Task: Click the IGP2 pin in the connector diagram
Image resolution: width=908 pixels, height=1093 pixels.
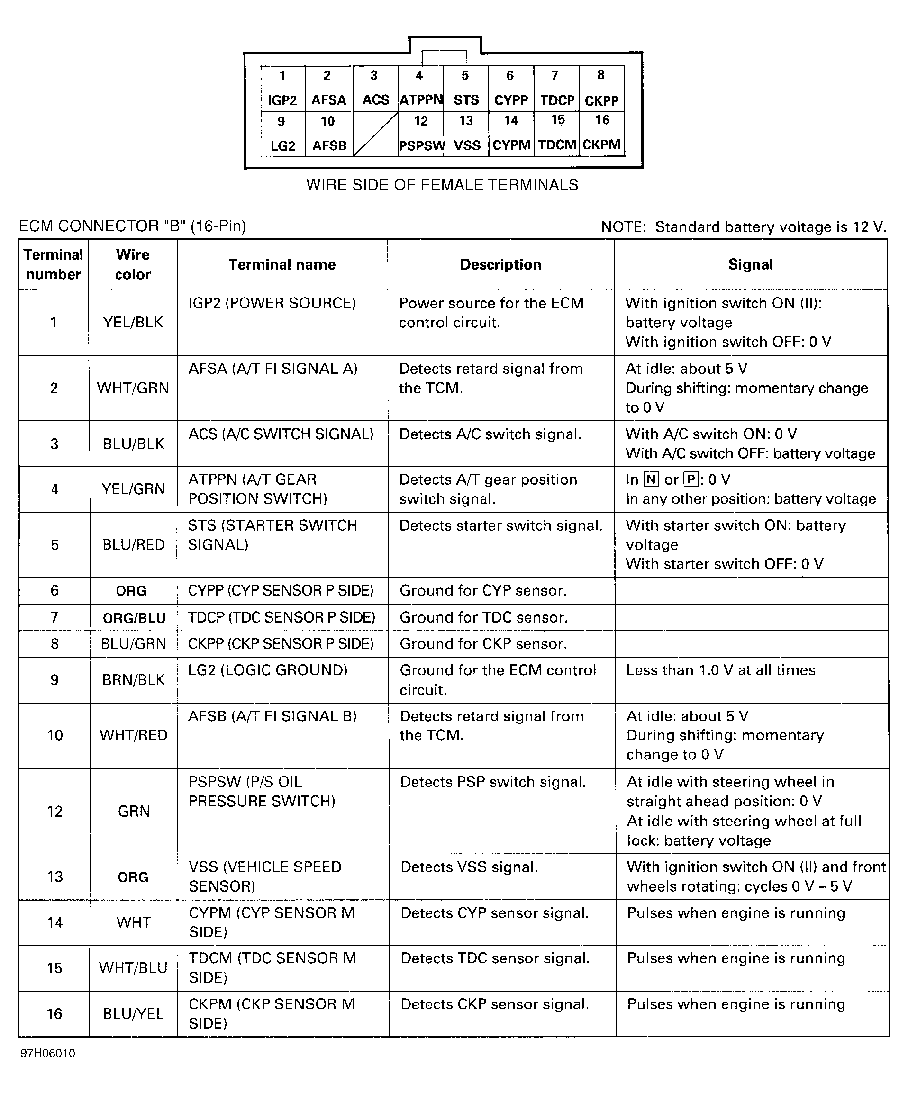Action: (x=282, y=89)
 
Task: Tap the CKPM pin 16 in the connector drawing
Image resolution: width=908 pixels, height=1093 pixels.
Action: (x=601, y=134)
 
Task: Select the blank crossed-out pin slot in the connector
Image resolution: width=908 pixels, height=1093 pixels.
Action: (x=375, y=134)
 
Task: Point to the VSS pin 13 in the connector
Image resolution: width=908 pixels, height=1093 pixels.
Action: (x=466, y=134)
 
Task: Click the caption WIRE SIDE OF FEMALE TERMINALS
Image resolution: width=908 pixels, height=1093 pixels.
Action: (x=442, y=185)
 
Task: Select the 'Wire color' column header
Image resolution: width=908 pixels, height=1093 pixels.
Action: (x=133, y=264)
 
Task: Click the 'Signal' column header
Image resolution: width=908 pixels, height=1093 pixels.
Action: (x=750, y=264)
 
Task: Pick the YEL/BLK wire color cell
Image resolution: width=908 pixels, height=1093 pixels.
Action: (x=133, y=323)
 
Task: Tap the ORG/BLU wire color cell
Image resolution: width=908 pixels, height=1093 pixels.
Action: (x=134, y=618)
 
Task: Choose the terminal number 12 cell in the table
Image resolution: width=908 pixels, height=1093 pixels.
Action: (x=54, y=812)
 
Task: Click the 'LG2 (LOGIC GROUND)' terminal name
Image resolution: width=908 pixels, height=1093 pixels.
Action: (x=268, y=670)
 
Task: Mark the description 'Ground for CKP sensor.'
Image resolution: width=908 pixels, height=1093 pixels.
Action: (x=483, y=644)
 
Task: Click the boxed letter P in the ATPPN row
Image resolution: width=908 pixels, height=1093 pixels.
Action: (x=691, y=479)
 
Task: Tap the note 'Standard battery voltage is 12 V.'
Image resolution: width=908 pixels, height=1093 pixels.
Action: (x=744, y=227)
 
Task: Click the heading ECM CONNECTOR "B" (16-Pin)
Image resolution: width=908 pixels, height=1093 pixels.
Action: (x=132, y=226)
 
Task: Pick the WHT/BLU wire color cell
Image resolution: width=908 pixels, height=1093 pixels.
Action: (x=133, y=968)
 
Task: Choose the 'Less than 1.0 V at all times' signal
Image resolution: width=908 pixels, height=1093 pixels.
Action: (x=720, y=670)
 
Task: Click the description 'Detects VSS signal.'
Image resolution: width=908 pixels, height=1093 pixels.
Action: (x=469, y=867)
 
